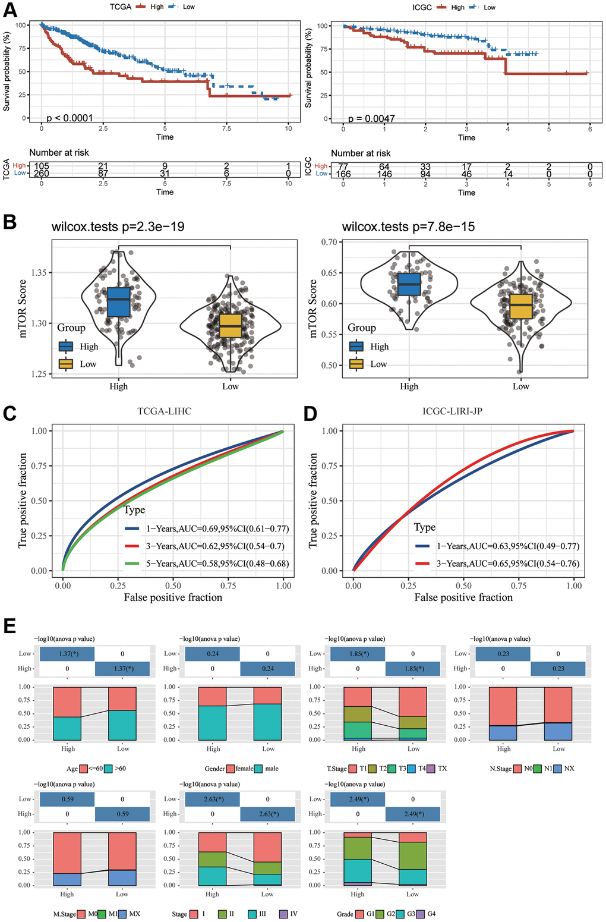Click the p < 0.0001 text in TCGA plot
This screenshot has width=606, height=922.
point(70,118)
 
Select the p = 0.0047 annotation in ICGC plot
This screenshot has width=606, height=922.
point(371,118)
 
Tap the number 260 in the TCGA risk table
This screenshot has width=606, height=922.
point(42,174)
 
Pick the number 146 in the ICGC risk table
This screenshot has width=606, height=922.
point(384,174)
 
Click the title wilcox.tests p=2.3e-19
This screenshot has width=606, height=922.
point(118,226)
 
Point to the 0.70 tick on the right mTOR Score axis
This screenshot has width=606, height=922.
point(329,242)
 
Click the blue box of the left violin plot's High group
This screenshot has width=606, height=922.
point(118,303)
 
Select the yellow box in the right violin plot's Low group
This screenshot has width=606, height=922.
point(520,306)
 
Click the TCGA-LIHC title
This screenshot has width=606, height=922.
point(164,411)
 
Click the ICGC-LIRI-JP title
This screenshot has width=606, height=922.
point(452,411)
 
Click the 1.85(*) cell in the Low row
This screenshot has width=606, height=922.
point(357,653)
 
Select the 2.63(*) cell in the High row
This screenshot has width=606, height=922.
point(268,814)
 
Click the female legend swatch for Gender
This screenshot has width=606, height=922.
point(230,769)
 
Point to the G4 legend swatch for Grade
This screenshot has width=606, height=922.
point(421,914)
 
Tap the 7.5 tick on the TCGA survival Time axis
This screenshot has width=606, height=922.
point(226,128)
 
